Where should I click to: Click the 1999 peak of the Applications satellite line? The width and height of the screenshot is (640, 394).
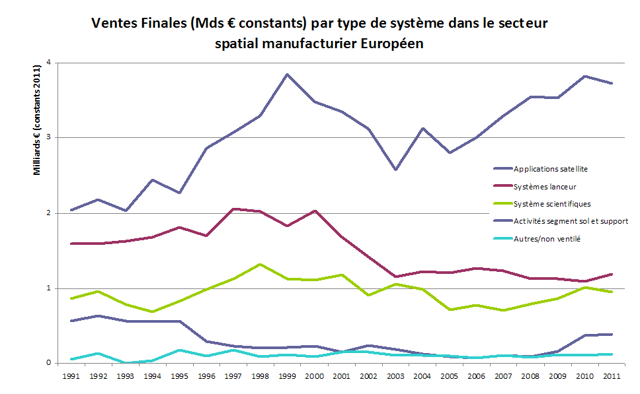(x=286, y=75)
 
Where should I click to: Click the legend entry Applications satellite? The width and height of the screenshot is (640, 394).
(x=550, y=169)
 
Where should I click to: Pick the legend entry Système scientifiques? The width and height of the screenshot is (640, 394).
(x=551, y=203)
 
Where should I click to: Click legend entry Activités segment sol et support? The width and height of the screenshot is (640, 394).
(x=570, y=220)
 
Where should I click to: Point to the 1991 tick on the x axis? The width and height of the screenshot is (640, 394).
(x=72, y=375)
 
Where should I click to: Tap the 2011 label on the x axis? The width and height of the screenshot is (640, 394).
(x=613, y=375)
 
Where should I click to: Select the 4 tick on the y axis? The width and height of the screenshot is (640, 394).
(x=48, y=63)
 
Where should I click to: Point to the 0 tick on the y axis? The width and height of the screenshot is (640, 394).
(x=48, y=363)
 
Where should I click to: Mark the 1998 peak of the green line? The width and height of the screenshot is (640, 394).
(x=260, y=264)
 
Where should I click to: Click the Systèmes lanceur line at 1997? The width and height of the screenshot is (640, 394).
(x=233, y=209)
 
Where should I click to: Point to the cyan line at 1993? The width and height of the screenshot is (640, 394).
(x=125, y=362)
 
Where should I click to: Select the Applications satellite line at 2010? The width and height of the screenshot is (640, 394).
(x=584, y=76)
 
